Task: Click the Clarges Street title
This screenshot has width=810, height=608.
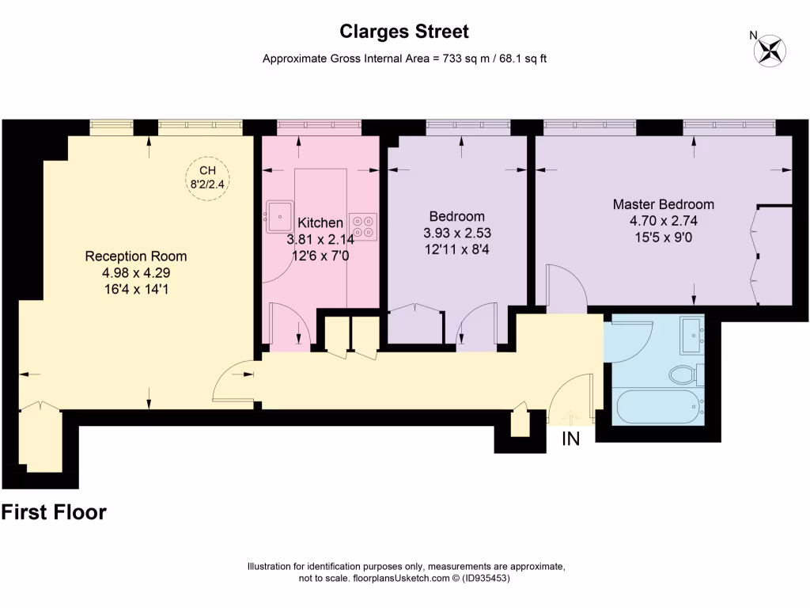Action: (x=404, y=32)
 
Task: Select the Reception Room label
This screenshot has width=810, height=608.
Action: (x=135, y=256)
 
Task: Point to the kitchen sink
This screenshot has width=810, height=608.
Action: (x=279, y=212)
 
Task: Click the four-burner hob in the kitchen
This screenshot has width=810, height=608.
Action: (x=363, y=226)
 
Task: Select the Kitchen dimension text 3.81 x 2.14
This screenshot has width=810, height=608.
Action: (x=320, y=239)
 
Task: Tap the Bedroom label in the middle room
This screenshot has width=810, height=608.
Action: (x=456, y=216)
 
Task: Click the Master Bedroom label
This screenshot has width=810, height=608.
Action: (x=663, y=204)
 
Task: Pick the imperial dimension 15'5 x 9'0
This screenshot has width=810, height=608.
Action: (x=663, y=237)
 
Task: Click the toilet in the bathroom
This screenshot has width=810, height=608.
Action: (x=683, y=373)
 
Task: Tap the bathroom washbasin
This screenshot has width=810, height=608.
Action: (x=693, y=337)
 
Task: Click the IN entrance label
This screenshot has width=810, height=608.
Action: (x=570, y=439)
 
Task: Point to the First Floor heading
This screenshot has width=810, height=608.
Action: (x=54, y=512)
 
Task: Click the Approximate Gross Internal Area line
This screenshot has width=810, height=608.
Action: (x=404, y=59)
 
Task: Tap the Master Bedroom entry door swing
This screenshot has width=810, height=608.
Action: (x=566, y=285)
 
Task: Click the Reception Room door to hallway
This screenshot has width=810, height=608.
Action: (x=235, y=382)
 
